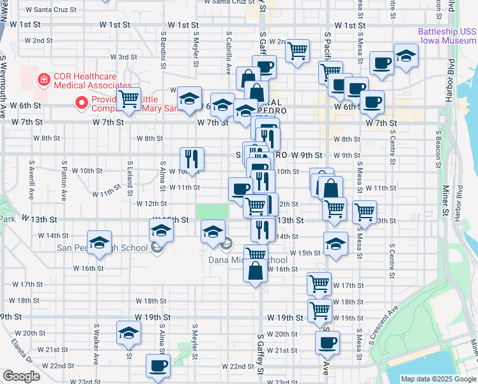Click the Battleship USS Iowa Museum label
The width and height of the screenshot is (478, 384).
click(447, 35)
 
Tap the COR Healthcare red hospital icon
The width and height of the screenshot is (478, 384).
click(44, 80)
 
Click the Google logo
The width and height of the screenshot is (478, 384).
click(21, 376)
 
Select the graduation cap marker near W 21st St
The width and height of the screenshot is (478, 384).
click(128, 333)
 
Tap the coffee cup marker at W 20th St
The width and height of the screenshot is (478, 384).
click(328, 342)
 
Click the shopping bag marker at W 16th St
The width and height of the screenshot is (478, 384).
click(256, 270)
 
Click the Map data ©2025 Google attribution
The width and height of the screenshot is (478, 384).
click(438, 379)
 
